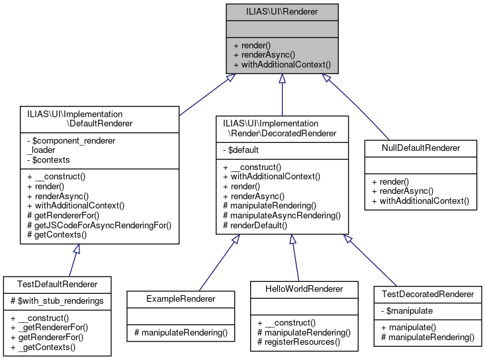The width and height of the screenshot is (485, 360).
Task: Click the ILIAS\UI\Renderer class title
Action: [282, 11]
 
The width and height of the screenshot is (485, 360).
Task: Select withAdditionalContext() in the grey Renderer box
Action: [281, 66]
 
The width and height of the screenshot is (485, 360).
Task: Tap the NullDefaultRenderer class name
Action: [420, 148]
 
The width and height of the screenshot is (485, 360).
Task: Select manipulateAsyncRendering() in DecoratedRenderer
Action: [282, 215]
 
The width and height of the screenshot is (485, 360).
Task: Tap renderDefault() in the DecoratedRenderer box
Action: [255, 225]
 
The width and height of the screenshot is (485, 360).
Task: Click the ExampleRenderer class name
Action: [180, 298]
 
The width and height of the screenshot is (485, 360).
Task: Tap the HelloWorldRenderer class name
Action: [304, 289]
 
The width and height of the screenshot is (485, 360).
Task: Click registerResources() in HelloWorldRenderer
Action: [298, 342]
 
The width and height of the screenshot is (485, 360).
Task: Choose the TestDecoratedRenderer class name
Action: [427, 294]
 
